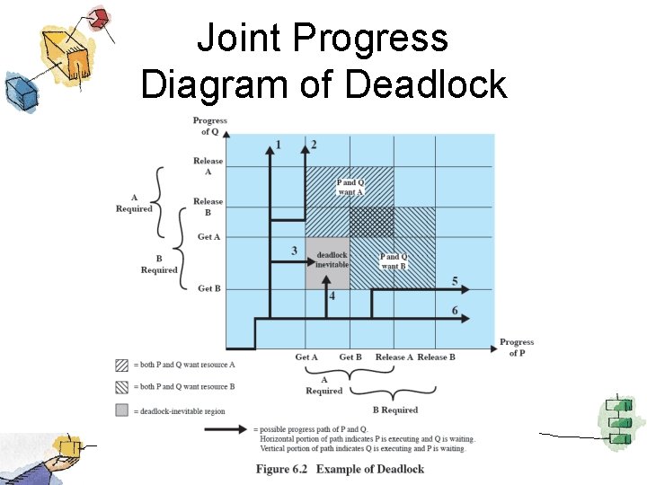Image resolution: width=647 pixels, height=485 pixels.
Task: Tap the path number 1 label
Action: pyautogui.click(x=278, y=145)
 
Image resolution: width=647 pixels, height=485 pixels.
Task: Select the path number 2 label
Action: pyautogui.click(x=313, y=145)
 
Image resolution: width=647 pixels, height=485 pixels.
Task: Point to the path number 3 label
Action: pyautogui.click(x=295, y=250)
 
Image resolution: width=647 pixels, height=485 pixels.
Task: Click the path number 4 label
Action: pyautogui.click(x=332, y=295)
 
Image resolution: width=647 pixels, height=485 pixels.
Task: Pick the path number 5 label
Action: pyautogui.click(x=455, y=282)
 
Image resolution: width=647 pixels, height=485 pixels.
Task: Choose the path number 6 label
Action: pyautogui.click(x=455, y=311)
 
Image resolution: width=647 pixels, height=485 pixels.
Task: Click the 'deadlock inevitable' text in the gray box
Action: pyautogui.click(x=332, y=260)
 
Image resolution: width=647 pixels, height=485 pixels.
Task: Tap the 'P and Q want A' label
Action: pyautogui.click(x=350, y=187)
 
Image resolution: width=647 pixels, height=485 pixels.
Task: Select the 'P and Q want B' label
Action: pyautogui.click(x=394, y=260)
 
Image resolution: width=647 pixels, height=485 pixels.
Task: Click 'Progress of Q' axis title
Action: pyautogui.click(x=209, y=126)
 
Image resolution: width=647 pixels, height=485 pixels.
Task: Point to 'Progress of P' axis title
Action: pyautogui.click(x=517, y=348)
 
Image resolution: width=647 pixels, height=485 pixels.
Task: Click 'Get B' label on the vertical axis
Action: pyautogui.click(x=209, y=288)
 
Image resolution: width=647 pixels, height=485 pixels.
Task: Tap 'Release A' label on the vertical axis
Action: pyautogui.click(x=208, y=166)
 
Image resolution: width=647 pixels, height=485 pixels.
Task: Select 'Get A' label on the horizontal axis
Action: pyautogui.click(x=306, y=357)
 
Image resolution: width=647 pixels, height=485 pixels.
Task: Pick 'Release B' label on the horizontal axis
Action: pyautogui.click(x=436, y=357)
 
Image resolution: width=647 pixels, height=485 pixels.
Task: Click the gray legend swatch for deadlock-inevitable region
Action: pyautogui.click(x=121, y=411)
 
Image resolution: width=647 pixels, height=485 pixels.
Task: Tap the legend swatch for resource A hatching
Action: pyautogui.click(x=121, y=365)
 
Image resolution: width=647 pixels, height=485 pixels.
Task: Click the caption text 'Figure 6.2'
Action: pyautogui.click(x=285, y=469)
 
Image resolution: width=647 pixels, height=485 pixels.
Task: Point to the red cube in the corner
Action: pyautogui.click(x=100, y=17)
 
